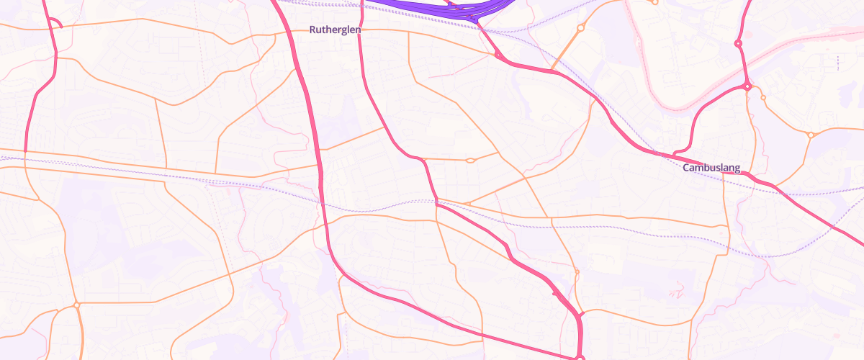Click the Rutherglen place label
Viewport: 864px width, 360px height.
tap(335, 30)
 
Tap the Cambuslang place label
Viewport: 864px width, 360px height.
tap(711, 168)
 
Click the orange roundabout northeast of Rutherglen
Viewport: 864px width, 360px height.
tap(580, 28)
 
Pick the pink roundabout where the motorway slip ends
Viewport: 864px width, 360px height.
tap(498, 55)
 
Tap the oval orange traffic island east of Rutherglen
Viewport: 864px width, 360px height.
tap(469, 160)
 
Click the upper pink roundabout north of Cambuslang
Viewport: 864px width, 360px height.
tap(738, 44)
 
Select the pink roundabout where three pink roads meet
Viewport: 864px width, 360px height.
tap(748, 86)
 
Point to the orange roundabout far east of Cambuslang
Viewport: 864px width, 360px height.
tap(811, 135)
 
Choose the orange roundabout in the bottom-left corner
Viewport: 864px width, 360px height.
tap(76, 305)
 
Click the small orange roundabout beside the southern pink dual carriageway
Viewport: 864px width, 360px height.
tap(577, 271)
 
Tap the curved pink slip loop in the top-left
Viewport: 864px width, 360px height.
tap(58, 24)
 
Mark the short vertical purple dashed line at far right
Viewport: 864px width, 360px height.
tap(837, 63)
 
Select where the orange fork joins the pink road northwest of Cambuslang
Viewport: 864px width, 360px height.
tap(553, 71)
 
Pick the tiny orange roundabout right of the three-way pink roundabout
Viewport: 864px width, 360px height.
tap(763, 98)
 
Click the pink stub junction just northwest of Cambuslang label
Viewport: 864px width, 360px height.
tap(674, 154)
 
